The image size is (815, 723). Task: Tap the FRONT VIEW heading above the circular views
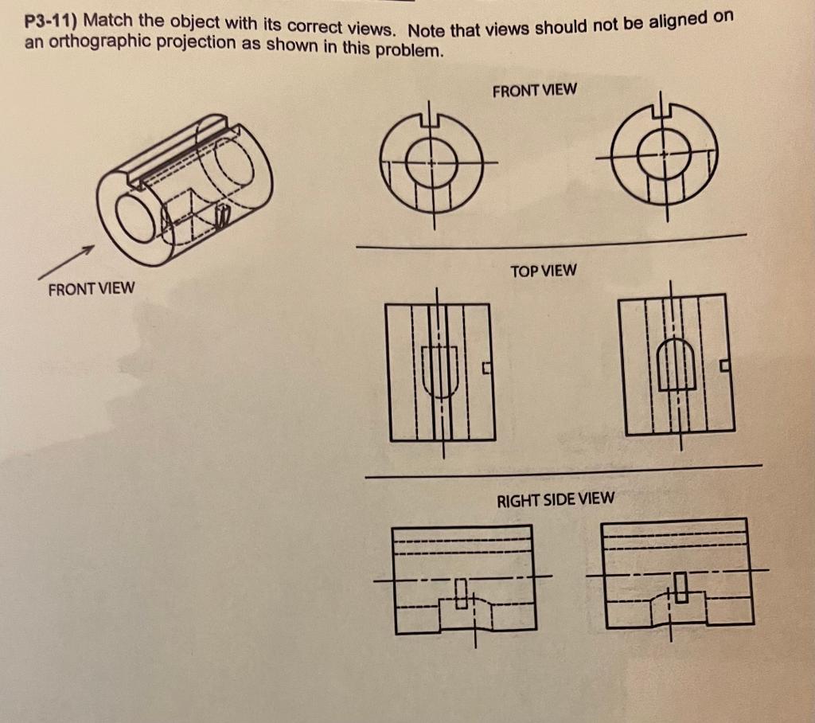coord(534,90)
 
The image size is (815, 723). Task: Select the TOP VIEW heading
coord(543,271)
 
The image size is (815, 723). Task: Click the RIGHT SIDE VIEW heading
coord(555,499)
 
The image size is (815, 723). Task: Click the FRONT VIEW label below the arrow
coord(91,288)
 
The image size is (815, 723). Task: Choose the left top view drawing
coord(441,372)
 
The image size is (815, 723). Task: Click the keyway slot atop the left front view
coord(431,119)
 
